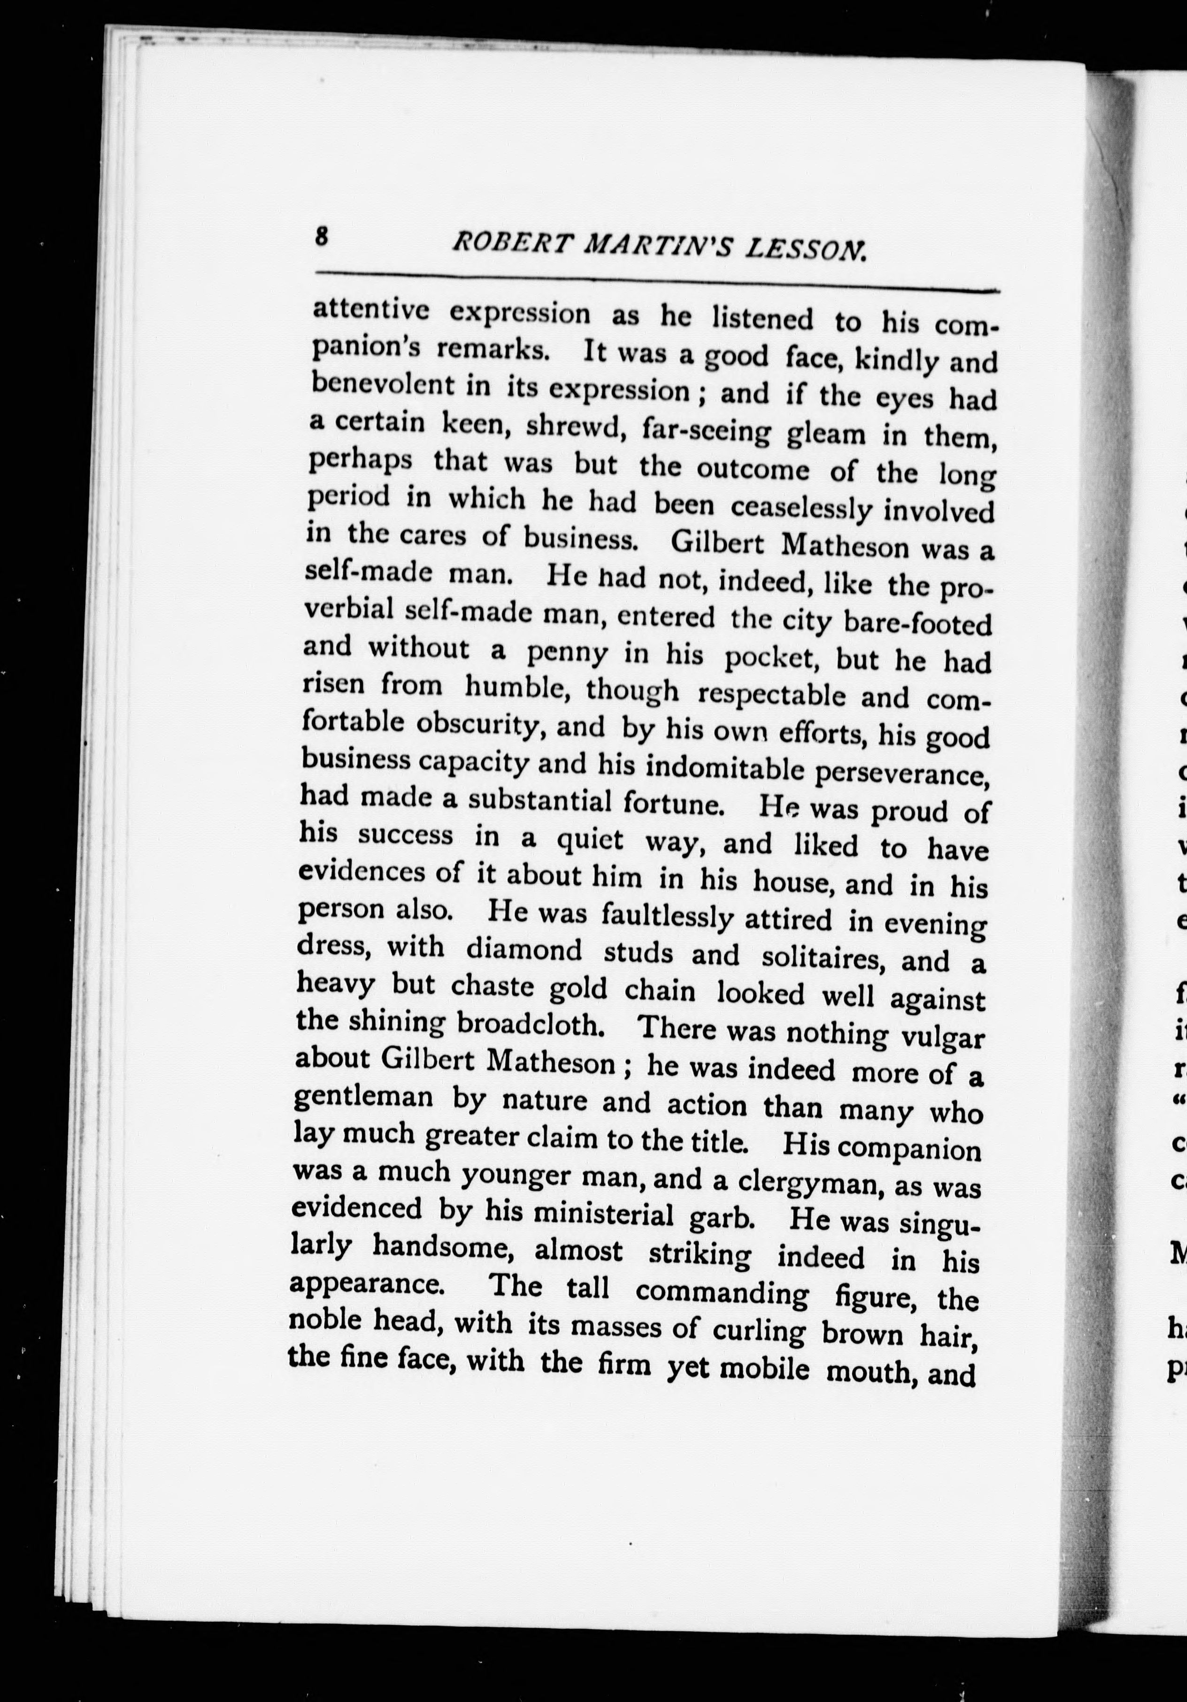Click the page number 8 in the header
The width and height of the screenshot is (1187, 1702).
click(x=322, y=238)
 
